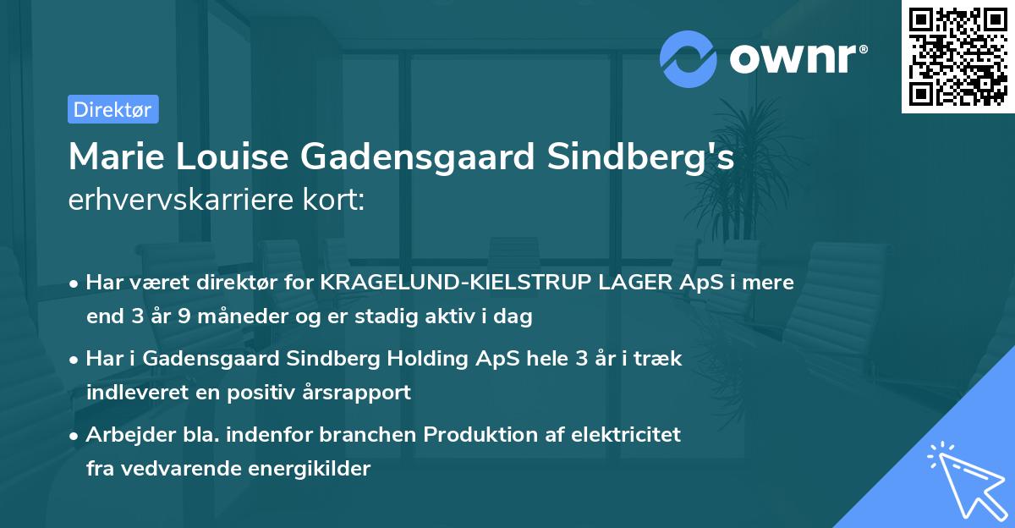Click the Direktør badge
click(112, 109)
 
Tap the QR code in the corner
click(957, 57)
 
